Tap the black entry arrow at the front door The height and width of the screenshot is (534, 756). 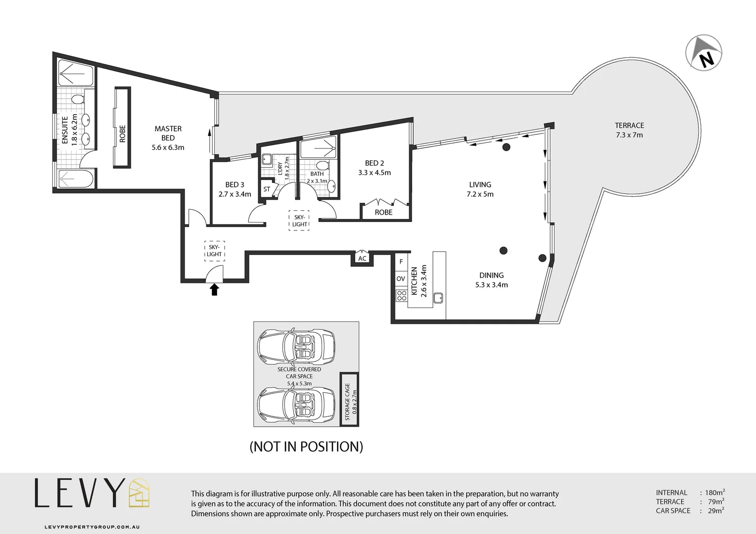coord(214,289)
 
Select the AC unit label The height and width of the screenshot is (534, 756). coord(362,259)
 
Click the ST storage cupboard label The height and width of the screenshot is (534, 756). coord(267,189)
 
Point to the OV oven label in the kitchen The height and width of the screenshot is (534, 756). coord(401,279)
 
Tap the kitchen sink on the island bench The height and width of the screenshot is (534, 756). coord(437,298)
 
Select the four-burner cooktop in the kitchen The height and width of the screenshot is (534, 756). coord(401,296)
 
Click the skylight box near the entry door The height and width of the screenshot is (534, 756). coord(214,251)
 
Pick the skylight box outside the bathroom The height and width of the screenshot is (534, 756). coord(299,221)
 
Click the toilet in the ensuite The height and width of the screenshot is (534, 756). coord(77,100)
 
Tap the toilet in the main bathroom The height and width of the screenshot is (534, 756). coord(322,165)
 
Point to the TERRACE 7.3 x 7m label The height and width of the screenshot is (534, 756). coord(629,130)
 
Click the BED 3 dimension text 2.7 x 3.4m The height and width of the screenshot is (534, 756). coord(235,194)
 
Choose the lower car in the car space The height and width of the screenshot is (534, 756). coord(295,404)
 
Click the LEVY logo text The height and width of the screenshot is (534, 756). coord(78,493)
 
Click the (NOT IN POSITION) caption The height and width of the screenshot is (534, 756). coord(306,447)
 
